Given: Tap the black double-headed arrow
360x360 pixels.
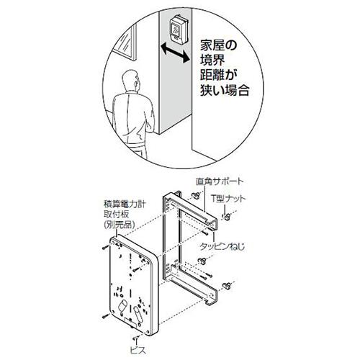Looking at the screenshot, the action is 175,53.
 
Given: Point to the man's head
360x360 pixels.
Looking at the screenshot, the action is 131,81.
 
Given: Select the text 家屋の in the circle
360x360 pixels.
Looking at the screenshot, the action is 218,45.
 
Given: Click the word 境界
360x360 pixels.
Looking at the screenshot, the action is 212,60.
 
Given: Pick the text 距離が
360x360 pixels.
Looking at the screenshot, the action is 218,76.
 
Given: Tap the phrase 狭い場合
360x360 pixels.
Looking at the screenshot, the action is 225,91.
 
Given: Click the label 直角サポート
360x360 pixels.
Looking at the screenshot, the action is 219,181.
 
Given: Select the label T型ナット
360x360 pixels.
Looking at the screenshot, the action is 228,199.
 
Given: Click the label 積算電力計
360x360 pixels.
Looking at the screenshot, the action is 125,204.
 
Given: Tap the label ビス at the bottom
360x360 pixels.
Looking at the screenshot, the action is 138,350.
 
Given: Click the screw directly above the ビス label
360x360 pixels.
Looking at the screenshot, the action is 135,338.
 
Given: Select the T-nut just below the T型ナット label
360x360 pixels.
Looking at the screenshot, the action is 226,217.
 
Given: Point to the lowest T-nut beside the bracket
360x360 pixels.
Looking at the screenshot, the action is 226,286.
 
